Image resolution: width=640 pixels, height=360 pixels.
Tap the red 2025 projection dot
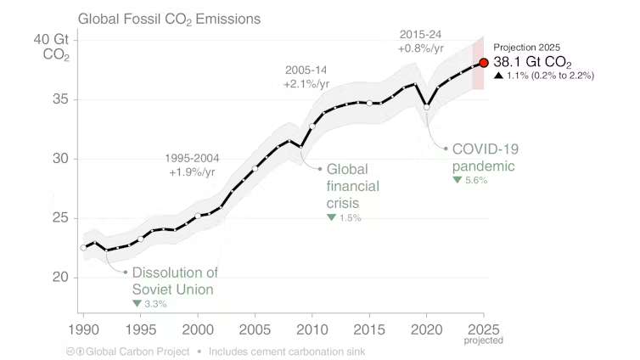pyautogui.click(x=484, y=62)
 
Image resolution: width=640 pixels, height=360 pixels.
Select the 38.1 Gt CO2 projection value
pyautogui.click(x=537, y=62)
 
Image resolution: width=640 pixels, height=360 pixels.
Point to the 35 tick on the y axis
pyautogui.click(x=59, y=99)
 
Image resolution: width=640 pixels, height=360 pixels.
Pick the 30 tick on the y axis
pyautogui.click(x=59, y=159)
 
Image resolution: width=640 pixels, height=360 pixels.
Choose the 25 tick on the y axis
pyautogui.click(x=59, y=218)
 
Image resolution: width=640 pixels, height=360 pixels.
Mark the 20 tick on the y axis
pyautogui.click(x=59, y=278)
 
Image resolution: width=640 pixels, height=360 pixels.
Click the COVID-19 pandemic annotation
pyautogui.click(x=485, y=157)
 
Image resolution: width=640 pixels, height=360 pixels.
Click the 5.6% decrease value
pyautogui.click(x=476, y=180)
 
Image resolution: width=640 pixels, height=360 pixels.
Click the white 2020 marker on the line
pyautogui.click(x=426, y=106)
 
